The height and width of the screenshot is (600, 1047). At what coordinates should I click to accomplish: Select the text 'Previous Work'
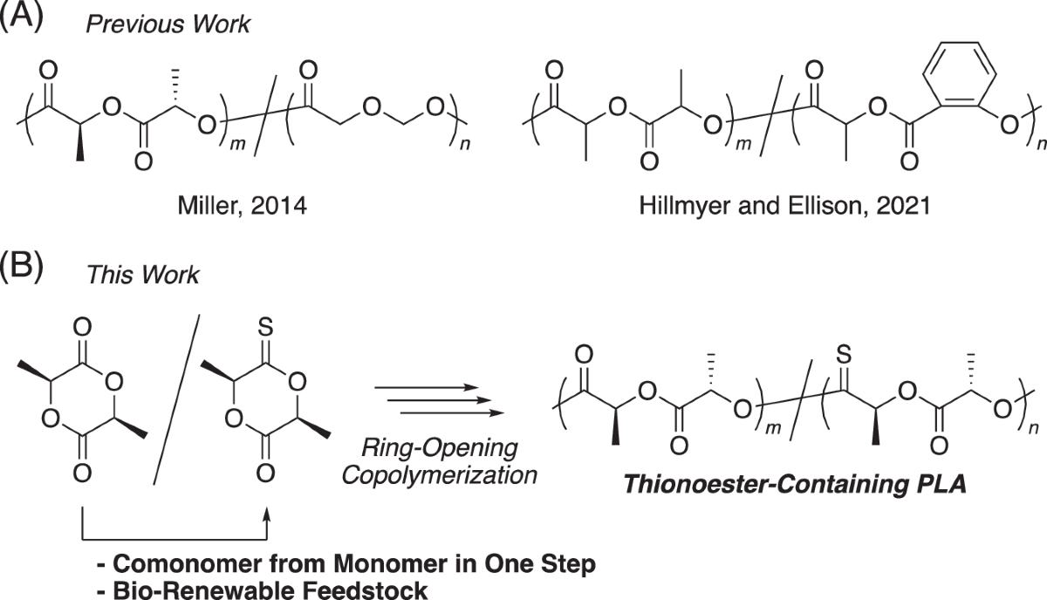pyautogui.click(x=168, y=24)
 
